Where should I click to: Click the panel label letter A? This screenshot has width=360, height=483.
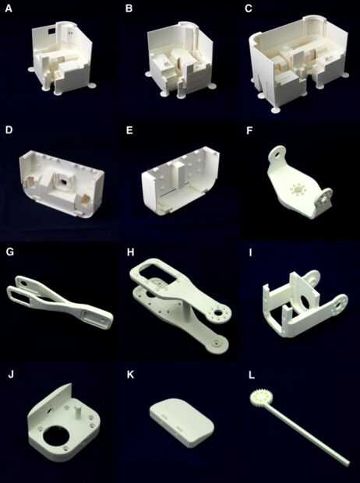tap(9, 9)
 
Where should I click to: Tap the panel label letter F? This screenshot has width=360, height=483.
tap(249, 130)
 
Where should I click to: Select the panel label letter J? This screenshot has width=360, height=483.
tap(11, 375)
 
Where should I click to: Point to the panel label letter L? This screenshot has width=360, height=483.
tap(252, 375)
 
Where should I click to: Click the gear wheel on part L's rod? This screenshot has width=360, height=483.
tap(257, 397)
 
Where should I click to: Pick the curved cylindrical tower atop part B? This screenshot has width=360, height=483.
tap(185, 33)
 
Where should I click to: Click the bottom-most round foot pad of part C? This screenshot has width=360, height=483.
tap(276, 110)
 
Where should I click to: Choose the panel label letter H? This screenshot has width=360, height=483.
tap(131, 252)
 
